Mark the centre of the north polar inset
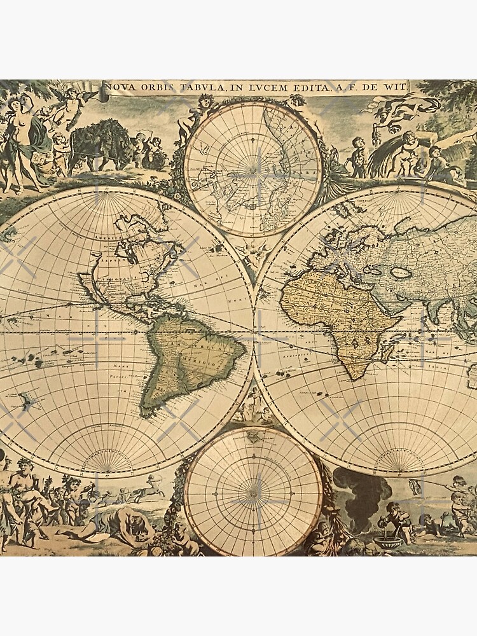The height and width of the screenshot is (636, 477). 253,170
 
